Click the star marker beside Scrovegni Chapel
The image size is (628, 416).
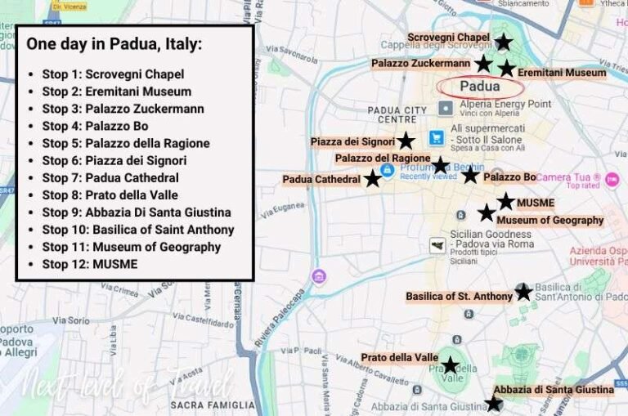tap(504, 42)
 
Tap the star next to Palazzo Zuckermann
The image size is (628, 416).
tap(484, 63)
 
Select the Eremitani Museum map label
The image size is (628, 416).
tap(562, 73)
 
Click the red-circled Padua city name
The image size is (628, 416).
tap(480, 87)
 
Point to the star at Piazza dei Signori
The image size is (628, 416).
tap(406, 141)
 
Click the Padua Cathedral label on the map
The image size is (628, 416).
tap(321, 179)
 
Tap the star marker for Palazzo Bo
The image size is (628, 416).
tap(469, 175)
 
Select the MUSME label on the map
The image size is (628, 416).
tap(536, 202)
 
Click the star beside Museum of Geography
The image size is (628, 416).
tap(487, 213)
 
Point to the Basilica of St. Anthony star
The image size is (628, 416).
tap(523, 292)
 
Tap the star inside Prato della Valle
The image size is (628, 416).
tap(450, 365)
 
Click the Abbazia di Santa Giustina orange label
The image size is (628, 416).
tap(554, 390)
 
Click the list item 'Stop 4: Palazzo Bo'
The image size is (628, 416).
tap(95, 126)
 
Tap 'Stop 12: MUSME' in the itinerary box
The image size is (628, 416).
tap(90, 264)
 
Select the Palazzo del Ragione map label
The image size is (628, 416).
tap(382, 158)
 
